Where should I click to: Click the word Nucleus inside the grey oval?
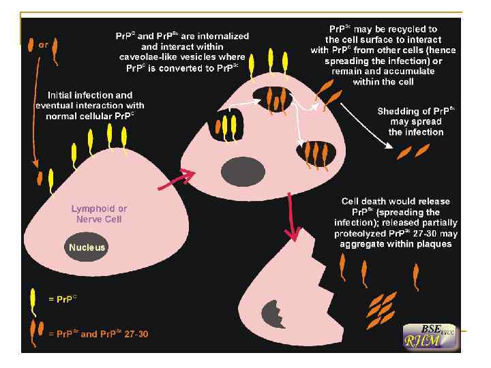click(87, 247)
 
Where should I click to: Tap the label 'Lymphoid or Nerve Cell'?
click(100, 213)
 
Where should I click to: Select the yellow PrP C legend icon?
click(33, 298)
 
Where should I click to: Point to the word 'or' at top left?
click(44, 45)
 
